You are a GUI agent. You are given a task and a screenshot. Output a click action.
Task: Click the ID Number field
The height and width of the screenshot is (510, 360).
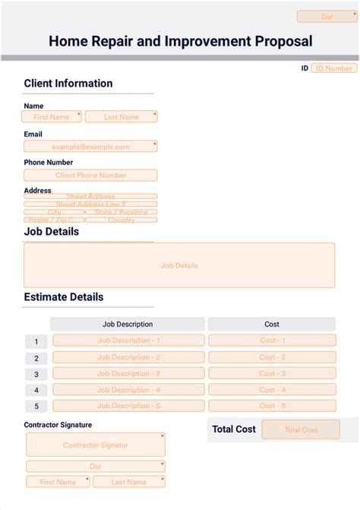point(334,68)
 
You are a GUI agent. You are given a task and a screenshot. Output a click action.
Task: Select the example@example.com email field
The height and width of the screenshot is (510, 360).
point(90,147)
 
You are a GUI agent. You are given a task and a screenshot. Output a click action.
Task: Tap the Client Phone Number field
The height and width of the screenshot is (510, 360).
point(90,176)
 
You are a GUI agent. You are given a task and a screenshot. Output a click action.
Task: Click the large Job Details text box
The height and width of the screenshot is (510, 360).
point(179,265)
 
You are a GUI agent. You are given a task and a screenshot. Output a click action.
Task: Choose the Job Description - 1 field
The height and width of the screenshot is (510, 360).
point(128,341)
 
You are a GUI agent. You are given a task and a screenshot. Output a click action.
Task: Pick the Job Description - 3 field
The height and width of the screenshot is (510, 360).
point(128,373)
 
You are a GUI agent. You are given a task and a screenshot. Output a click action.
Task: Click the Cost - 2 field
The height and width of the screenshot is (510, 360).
point(272,357)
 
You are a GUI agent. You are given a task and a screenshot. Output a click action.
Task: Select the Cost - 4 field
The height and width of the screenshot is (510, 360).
point(272,390)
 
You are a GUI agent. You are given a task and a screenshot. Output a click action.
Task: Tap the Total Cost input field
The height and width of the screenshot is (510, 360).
point(301,429)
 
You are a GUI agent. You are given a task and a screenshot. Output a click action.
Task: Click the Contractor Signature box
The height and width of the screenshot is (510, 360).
point(95,445)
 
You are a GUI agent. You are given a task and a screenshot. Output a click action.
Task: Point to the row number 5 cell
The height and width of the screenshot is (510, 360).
point(36,407)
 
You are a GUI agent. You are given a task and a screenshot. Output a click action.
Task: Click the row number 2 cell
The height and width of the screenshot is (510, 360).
point(36,358)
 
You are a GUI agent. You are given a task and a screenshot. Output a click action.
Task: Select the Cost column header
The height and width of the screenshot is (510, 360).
point(271,325)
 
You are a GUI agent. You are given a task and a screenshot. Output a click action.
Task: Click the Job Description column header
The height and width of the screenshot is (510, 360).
point(128,325)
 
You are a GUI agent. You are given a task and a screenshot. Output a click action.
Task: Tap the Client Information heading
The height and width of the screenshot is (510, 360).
point(68,84)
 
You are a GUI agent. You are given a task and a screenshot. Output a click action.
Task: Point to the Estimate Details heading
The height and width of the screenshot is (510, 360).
point(64,297)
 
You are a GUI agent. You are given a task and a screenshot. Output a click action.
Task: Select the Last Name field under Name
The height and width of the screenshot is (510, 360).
point(122,117)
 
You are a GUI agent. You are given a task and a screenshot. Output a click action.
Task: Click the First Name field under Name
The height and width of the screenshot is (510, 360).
point(52,117)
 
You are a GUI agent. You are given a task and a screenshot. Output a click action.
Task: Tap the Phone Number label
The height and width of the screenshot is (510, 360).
point(49,163)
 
